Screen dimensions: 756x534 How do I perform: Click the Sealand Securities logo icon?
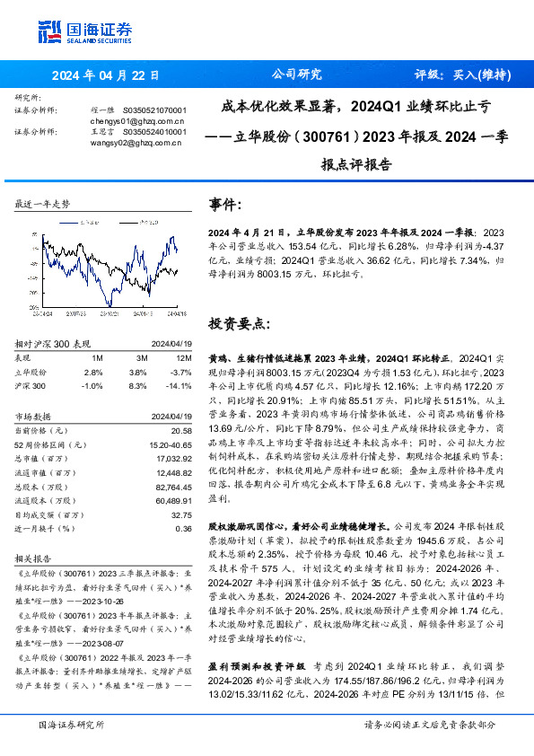point(50,31)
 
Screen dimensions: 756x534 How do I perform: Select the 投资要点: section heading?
point(238,322)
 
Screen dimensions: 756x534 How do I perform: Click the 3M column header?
point(136,358)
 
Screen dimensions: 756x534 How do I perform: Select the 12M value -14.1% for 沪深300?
point(178,385)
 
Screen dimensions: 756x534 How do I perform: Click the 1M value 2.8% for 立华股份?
point(92,372)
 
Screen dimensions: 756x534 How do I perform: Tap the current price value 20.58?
point(180,433)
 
